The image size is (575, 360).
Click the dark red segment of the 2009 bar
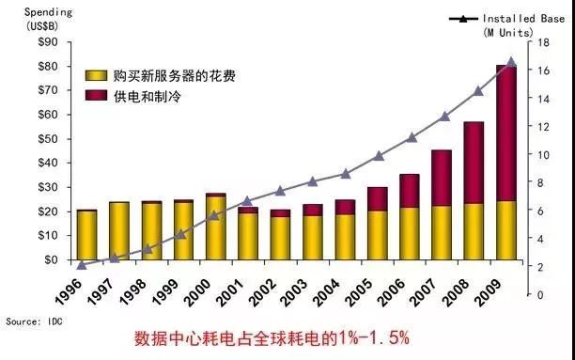pyautogui.click(x=506, y=132)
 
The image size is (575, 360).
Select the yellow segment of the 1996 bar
pyautogui.click(x=86, y=235)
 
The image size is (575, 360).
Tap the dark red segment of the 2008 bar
pyautogui.click(x=474, y=162)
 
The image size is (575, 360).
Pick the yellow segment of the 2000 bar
pyautogui.click(x=215, y=228)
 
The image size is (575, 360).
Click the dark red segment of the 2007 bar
pyautogui.click(x=442, y=178)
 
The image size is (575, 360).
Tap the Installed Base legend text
pyautogui.click(x=521, y=18)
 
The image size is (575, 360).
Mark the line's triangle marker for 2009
pyautogui.click(x=511, y=61)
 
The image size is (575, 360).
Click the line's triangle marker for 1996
pyautogui.click(x=82, y=265)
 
